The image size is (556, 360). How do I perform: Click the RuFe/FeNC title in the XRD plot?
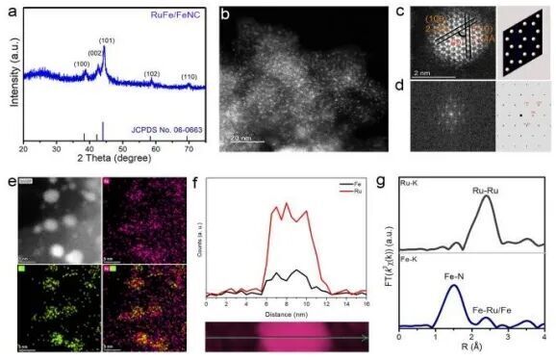172,15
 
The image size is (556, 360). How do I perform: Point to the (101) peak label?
107,40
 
